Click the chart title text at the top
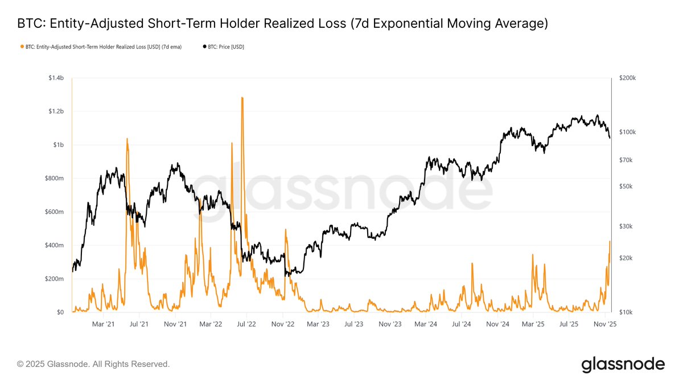pyautogui.click(x=282, y=24)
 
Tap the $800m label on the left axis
pyautogui.click(x=54, y=179)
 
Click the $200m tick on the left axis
pyautogui.click(x=54, y=279)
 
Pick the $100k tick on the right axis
pyautogui.click(x=627, y=132)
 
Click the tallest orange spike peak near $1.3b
pyautogui.click(x=242, y=97)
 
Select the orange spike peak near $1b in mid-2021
pyautogui.click(x=126, y=138)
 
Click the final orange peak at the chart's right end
pyautogui.click(x=610, y=241)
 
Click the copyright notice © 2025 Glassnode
pyautogui.click(x=93, y=364)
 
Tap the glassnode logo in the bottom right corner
pyautogui.click(x=623, y=364)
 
